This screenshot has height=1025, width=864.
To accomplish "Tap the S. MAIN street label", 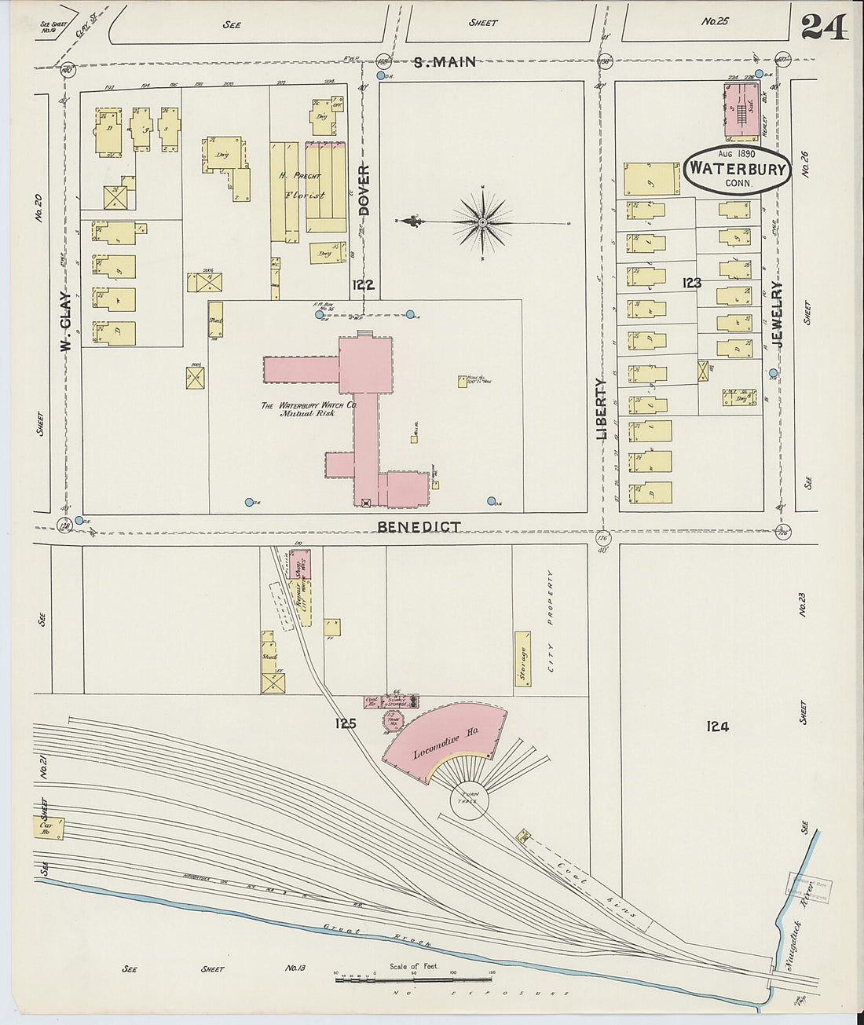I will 445,62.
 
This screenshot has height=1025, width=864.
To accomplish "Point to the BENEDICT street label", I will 419,527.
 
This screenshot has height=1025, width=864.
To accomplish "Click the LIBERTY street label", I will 602,408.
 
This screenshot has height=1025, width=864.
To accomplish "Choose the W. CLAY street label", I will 66,322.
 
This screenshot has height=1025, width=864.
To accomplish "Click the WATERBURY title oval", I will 737,170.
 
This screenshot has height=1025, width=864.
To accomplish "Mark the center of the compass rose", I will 482,222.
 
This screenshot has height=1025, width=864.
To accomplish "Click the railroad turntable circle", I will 470,800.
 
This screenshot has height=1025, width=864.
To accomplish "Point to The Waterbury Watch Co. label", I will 309,408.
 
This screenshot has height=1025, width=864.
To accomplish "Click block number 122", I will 363,285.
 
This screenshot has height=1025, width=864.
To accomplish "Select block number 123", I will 691,283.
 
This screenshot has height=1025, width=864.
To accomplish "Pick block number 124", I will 717,727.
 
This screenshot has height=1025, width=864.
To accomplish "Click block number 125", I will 345,723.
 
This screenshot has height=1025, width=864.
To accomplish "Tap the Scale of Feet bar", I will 414,979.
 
